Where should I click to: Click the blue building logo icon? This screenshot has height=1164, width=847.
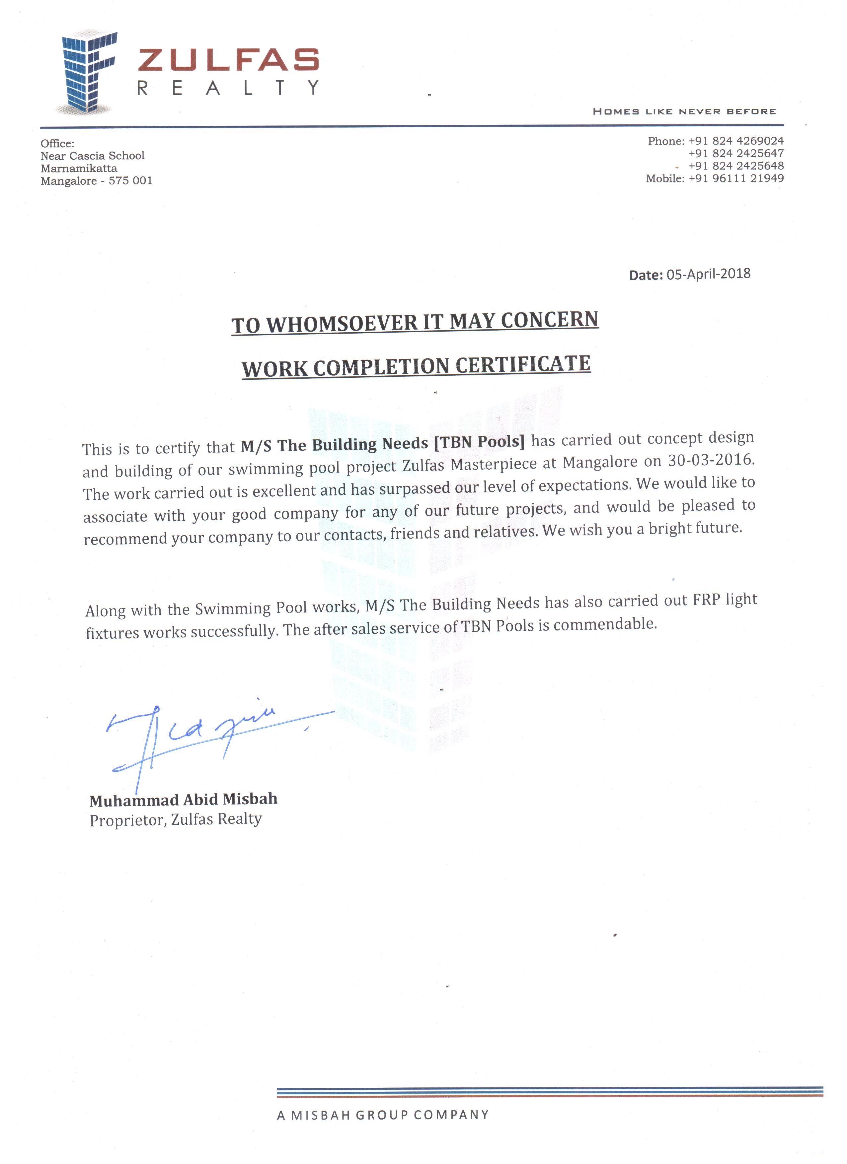(87, 72)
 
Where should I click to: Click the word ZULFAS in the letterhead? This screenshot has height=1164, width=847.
(229, 60)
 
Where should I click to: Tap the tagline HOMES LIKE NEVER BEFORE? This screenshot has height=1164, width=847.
(684, 111)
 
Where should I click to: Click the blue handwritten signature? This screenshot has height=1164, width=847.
(205, 734)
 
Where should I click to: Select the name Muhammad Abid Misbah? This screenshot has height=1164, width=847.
(183, 800)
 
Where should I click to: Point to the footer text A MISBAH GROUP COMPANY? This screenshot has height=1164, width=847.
(383, 1115)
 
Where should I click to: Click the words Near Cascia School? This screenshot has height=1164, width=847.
(93, 156)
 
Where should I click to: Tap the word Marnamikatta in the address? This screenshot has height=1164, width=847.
(79, 168)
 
